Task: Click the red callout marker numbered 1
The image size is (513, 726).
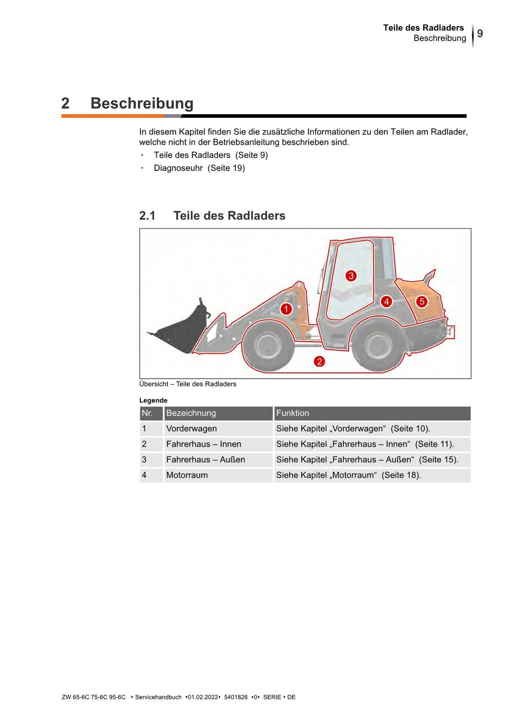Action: [286, 309]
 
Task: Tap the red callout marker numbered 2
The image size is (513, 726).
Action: [320, 361]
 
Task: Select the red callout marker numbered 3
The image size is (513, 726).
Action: [351, 276]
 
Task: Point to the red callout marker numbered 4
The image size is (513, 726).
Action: [386, 302]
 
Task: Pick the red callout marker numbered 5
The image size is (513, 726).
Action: [422, 302]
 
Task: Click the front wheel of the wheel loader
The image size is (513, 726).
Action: [269, 346]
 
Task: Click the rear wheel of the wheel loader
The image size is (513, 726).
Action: [379, 346]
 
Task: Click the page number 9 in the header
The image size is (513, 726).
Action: [480, 34]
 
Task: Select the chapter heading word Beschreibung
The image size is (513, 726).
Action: [142, 103]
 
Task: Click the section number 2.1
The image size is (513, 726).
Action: [147, 216]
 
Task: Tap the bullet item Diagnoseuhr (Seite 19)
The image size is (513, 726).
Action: [199, 168]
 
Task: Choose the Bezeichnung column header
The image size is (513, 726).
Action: [191, 413]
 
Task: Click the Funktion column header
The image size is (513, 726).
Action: [293, 413]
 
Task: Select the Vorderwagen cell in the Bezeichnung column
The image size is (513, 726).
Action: [191, 429]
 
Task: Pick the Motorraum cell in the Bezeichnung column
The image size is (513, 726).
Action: [187, 475]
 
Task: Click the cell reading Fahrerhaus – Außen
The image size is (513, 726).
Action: [205, 460]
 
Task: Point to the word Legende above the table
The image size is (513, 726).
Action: [153, 400]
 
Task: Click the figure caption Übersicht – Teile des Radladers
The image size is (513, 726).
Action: [188, 384]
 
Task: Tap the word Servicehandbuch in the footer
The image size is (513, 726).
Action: [158, 697]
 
